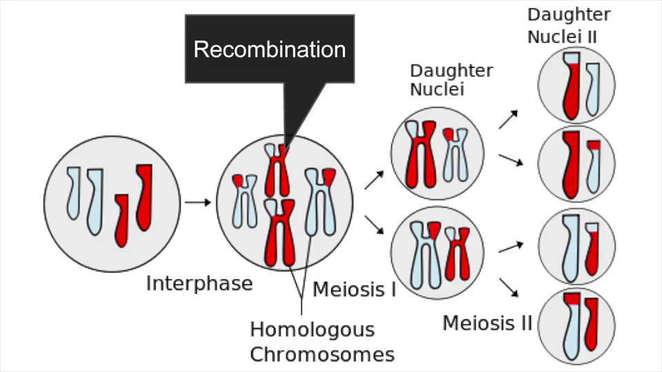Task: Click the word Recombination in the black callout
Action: point(270,50)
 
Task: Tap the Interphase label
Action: point(199,283)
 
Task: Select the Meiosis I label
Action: point(354,289)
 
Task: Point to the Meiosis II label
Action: point(488,322)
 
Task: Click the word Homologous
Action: point(312,329)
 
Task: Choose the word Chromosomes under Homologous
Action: point(322,355)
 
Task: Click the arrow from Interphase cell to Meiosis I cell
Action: point(198,203)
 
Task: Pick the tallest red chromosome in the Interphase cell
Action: point(144,196)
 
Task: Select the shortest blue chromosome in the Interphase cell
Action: point(74,193)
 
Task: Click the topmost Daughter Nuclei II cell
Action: point(576,85)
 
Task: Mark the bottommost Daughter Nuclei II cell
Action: point(576,326)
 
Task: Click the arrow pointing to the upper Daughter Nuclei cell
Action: point(373,180)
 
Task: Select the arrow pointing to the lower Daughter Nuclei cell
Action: point(373,225)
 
